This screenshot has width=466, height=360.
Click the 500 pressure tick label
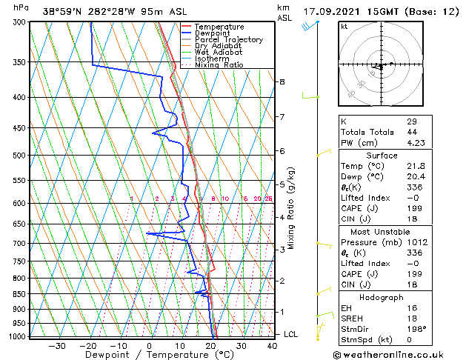click(20, 156)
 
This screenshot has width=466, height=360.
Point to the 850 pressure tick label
click(20, 294)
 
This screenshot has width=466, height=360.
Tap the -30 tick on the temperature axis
click(57, 345)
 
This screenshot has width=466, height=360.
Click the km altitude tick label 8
click(282, 81)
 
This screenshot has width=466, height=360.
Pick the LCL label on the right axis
click(292, 334)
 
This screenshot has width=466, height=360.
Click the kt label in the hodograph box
click(344, 27)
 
